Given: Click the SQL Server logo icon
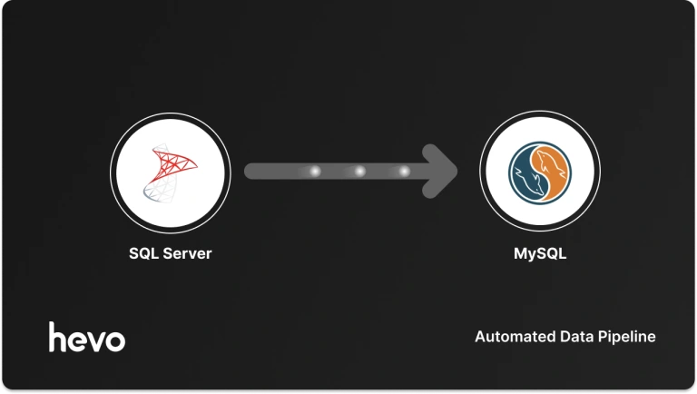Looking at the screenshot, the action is (x=170, y=172).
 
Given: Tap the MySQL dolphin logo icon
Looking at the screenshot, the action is (x=539, y=172).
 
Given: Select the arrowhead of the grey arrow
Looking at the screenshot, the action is (x=445, y=171).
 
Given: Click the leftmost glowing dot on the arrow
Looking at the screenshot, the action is (x=316, y=171).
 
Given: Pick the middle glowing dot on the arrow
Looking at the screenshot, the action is (x=359, y=171).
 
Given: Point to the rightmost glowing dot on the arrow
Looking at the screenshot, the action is (x=403, y=171).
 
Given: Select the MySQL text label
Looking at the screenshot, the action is (x=539, y=253).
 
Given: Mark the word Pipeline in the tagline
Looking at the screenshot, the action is (x=625, y=337).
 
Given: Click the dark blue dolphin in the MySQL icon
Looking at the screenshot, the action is (x=525, y=174).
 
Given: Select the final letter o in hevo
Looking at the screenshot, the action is (x=115, y=340).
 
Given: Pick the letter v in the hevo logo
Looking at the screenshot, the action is (x=95, y=340).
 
